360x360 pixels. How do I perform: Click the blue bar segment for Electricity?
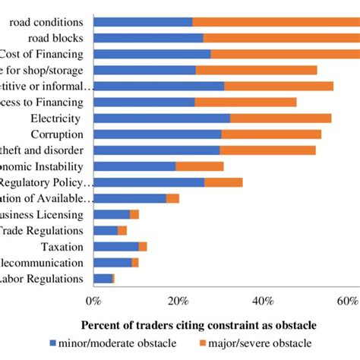(161, 118)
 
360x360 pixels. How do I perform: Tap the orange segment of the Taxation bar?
(143, 247)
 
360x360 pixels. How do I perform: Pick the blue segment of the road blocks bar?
(148, 38)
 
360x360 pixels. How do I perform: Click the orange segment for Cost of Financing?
(285, 54)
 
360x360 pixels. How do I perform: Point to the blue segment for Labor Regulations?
(103, 279)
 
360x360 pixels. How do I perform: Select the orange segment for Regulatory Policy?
(224, 182)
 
